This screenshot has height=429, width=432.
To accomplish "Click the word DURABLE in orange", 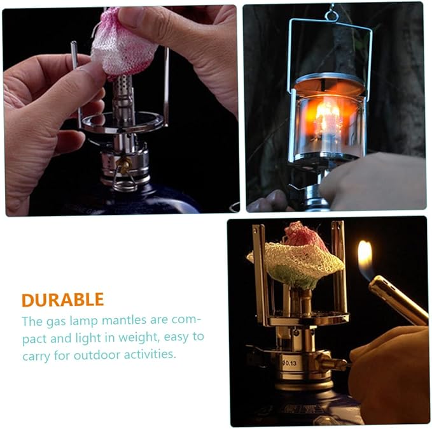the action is tap(63, 300).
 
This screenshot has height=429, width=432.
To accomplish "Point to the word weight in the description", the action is tap(138, 338).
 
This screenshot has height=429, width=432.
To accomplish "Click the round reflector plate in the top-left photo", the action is tap(123, 122).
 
